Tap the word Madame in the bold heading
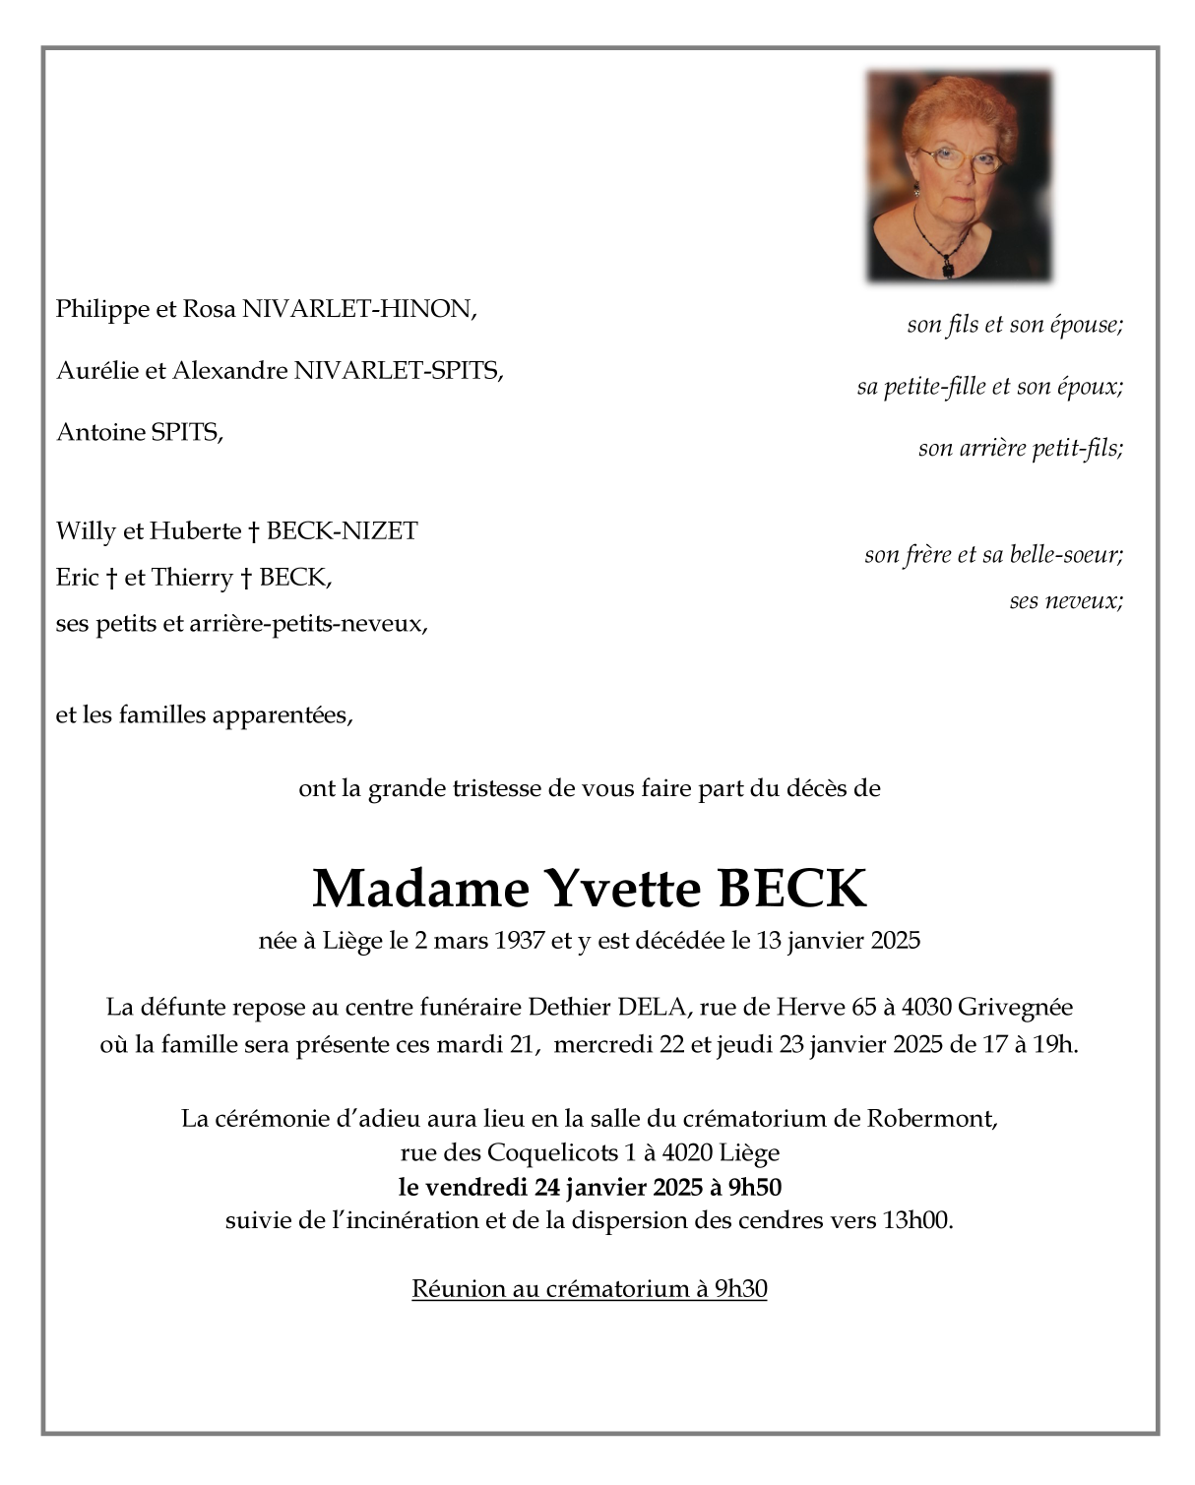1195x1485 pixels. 420,889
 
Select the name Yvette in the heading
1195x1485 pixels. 623,889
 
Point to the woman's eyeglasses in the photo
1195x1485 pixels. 958,158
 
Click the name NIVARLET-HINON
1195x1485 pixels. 359,309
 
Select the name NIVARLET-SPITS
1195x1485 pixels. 398,370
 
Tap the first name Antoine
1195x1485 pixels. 100,432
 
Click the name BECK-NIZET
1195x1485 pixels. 342,531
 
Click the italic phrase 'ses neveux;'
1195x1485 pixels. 1066,600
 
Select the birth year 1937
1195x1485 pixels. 520,941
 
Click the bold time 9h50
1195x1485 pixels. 755,1187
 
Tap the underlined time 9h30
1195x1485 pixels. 740,1288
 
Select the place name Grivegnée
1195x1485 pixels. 1015,1008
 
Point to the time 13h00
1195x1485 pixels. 916,1220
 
